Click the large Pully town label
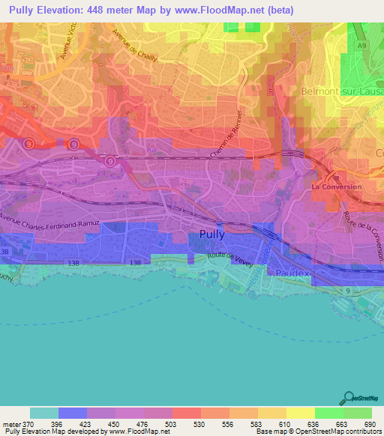[212, 234]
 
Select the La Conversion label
[336, 187]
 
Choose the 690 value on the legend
[367, 425]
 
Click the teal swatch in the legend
[44, 413]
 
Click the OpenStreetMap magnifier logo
[347, 396]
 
